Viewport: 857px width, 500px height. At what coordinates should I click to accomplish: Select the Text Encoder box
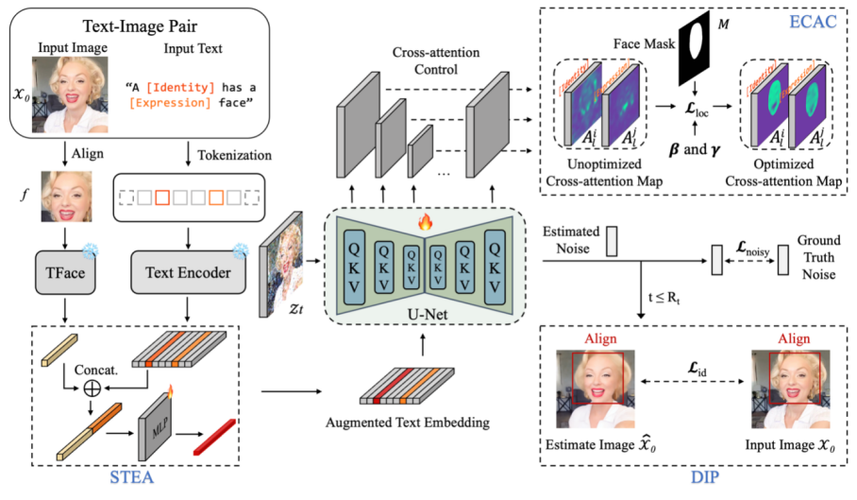pos(188,273)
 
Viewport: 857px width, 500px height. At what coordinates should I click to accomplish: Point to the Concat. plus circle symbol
pos(92,388)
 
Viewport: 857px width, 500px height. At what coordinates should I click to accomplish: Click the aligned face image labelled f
pos(69,196)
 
